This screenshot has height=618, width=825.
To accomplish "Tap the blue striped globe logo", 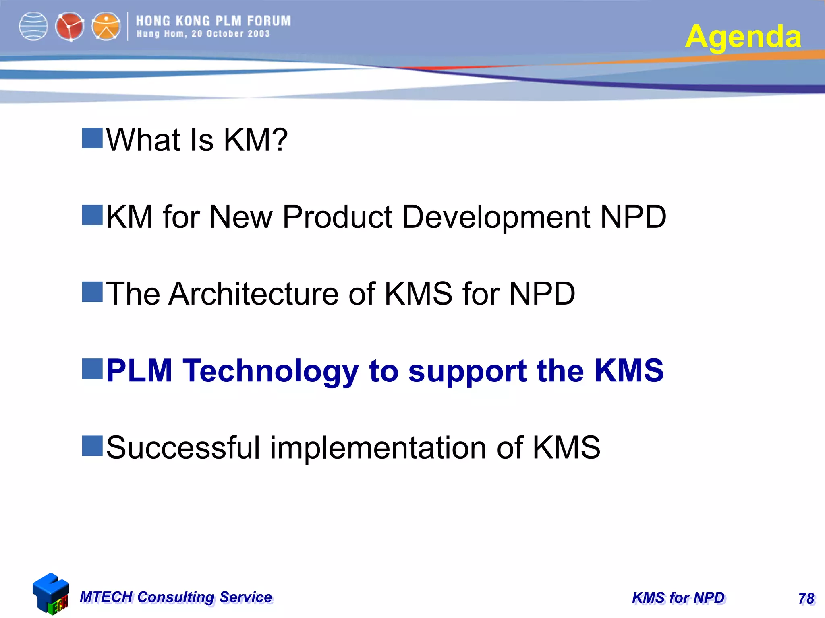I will click(x=33, y=27).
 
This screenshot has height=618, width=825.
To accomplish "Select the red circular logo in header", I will click(x=70, y=27).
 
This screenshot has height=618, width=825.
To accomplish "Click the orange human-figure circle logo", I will click(x=106, y=27).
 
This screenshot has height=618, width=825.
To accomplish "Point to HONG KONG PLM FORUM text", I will click(x=213, y=21).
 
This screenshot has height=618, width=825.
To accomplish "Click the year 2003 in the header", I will click(x=259, y=34).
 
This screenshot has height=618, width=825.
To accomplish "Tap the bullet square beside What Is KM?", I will click(x=92, y=138).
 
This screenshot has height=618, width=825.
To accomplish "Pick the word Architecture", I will click(x=254, y=294).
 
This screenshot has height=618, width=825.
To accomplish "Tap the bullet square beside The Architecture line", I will click(x=92, y=292).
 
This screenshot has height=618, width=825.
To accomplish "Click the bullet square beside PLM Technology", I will click(x=92, y=369).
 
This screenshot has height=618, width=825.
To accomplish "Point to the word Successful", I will click(x=183, y=447).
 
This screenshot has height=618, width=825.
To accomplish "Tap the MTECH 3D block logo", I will click(x=51, y=593).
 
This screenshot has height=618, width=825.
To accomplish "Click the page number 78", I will click(x=806, y=598).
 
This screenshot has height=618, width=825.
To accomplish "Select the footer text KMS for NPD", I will click(x=678, y=598).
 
